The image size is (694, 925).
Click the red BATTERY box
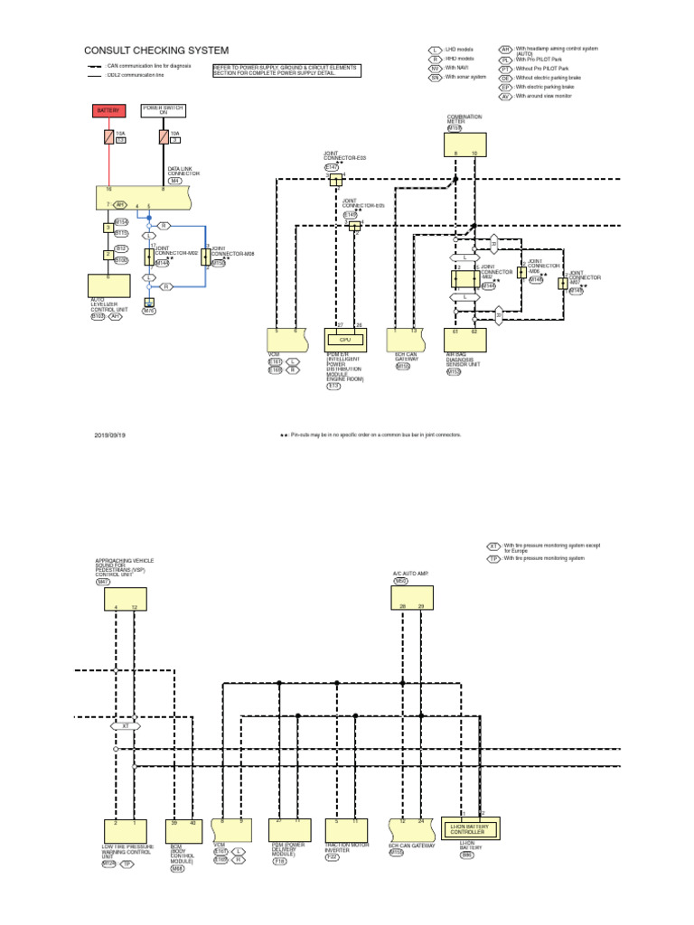pos(108,110)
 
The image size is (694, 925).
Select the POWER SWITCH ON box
pos(164,110)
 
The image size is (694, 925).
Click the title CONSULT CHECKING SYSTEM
pos(156,51)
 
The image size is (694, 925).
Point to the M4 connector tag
pos(175,181)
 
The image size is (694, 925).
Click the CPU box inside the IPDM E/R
pos(345,340)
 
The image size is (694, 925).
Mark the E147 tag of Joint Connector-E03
pos(331,168)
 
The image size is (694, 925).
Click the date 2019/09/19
pos(109,434)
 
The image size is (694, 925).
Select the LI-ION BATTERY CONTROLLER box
pos(469,828)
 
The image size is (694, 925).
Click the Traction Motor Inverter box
pos(346,828)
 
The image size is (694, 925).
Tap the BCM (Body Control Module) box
pos(183,829)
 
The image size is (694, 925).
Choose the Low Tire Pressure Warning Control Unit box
pos(125,829)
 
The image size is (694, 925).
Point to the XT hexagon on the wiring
pos(126,725)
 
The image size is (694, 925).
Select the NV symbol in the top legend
pos(435,68)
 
